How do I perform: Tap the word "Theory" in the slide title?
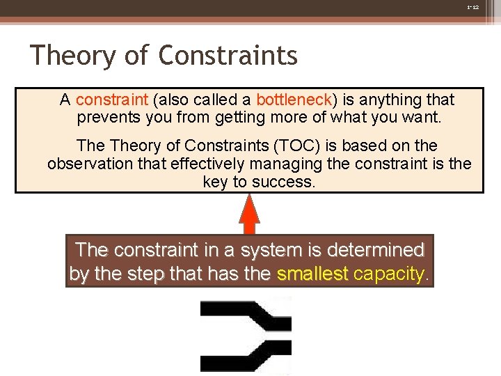72,55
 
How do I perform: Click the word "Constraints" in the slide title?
228,55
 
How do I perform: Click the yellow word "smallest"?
312,274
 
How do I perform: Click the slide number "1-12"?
472,6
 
